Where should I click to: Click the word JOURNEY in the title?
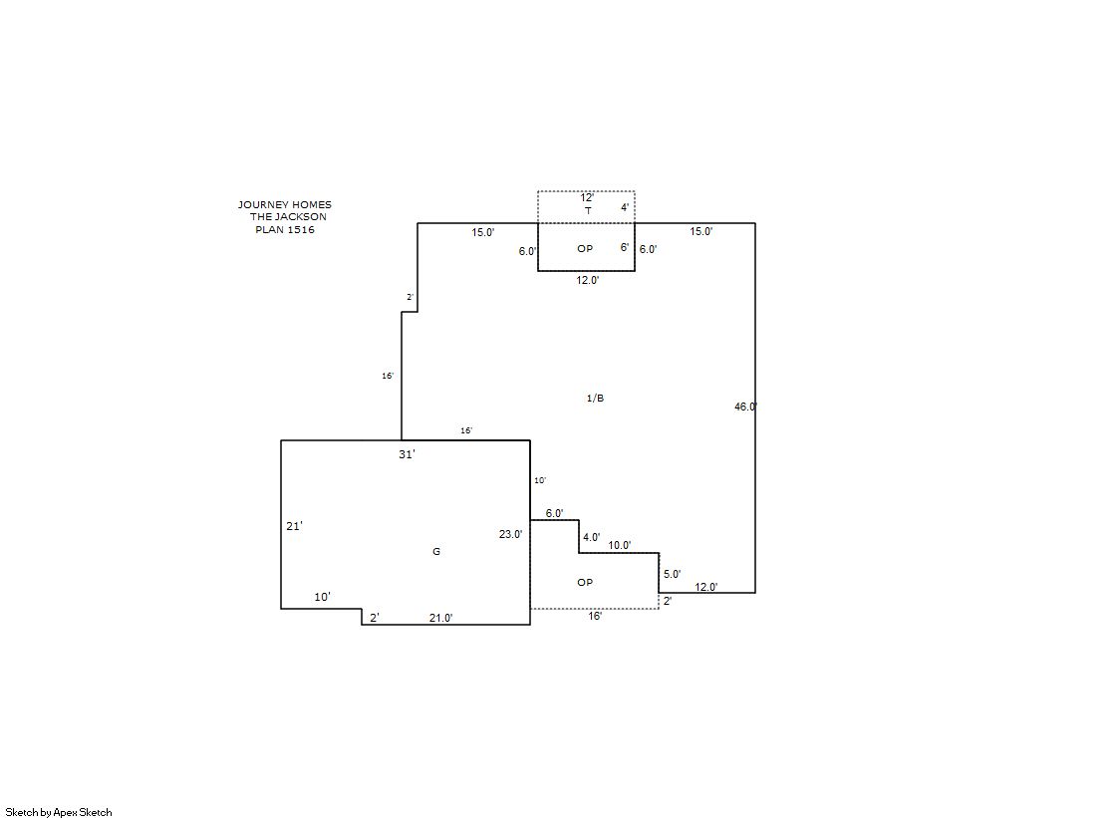[x=262, y=205]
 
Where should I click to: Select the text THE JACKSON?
[x=288, y=217]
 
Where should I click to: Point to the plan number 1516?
[x=302, y=230]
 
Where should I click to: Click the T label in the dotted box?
[x=588, y=211]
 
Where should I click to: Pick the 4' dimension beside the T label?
[x=625, y=207]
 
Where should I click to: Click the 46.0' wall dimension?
[x=746, y=407]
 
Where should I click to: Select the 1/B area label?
[x=595, y=399]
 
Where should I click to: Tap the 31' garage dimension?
[x=407, y=454]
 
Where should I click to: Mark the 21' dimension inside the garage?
[x=294, y=526]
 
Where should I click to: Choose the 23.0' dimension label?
[x=510, y=534]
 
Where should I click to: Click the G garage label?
[x=436, y=552]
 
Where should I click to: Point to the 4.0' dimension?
[x=592, y=538]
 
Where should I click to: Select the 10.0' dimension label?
[x=620, y=546]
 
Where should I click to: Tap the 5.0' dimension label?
[x=672, y=574]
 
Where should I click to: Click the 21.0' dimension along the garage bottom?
[x=440, y=618]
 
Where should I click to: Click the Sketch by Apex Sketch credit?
[x=59, y=812]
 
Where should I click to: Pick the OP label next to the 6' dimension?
[x=585, y=249]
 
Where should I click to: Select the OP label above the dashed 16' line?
[x=585, y=583]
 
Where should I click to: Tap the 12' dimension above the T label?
[x=587, y=197]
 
